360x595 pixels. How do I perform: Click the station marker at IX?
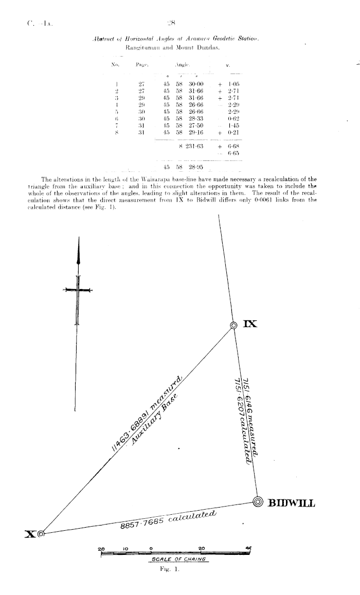[x=234, y=325]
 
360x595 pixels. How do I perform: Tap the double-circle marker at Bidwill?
[x=258, y=502]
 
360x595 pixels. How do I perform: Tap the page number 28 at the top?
[x=171, y=23]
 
